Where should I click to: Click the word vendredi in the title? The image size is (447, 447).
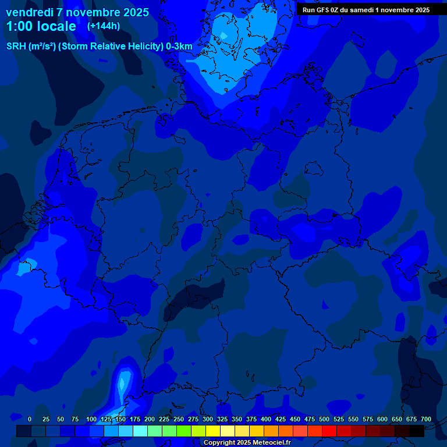click(x=30, y=12)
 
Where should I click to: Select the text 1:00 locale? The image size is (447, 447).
click(x=41, y=26)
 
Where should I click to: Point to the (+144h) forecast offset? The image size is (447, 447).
click(x=103, y=26)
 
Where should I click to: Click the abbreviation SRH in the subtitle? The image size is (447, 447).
click(x=16, y=47)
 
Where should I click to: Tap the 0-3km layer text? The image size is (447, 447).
click(x=179, y=47)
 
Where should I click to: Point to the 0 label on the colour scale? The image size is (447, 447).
click(x=30, y=419)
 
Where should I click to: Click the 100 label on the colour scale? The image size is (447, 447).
click(x=91, y=419)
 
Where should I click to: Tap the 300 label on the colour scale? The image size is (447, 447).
click(x=208, y=419)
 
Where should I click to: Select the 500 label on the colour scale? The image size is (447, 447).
click(x=324, y=419)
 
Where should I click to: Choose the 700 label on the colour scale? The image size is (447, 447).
click(x=426, y=419)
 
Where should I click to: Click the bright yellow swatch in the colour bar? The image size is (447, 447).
click(x=213, y=431)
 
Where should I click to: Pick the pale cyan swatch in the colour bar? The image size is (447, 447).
click(x=140, y=431)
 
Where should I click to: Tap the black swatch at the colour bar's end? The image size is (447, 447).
click(x=417, y=431)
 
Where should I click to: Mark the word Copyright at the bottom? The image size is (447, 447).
click(x=220, y=442)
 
